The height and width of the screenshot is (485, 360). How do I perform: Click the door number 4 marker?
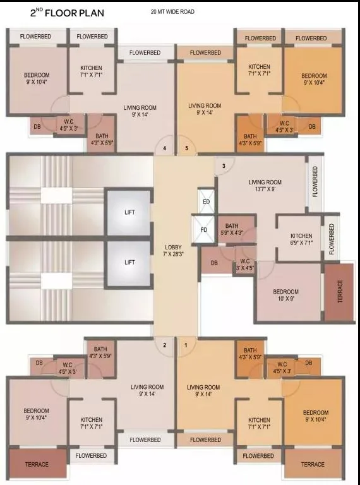165,148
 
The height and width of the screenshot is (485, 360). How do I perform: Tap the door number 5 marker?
186,148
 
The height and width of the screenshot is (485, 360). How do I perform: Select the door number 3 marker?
224,166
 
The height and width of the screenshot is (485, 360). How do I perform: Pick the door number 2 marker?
165,345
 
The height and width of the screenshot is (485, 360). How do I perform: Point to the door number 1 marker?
186,345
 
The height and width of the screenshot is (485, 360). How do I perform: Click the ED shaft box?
207,201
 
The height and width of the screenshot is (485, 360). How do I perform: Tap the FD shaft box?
203,229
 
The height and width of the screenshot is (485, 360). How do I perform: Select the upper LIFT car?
129,212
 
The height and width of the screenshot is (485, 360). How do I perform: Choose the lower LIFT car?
129,263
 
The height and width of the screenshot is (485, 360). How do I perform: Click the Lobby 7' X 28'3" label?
173,251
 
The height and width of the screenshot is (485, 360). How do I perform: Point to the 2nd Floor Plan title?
67,13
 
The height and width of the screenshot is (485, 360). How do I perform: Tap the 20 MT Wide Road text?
172,12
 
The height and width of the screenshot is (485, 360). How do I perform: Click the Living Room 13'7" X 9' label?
265,186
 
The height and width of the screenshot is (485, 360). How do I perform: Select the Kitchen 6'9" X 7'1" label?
301,239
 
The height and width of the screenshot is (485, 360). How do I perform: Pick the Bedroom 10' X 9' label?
285,295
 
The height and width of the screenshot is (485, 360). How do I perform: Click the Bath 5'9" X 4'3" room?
237,229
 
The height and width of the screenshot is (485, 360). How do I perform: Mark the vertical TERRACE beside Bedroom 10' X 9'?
339,291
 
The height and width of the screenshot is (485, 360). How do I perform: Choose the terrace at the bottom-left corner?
37,464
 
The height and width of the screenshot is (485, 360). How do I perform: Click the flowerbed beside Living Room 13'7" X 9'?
315,182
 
